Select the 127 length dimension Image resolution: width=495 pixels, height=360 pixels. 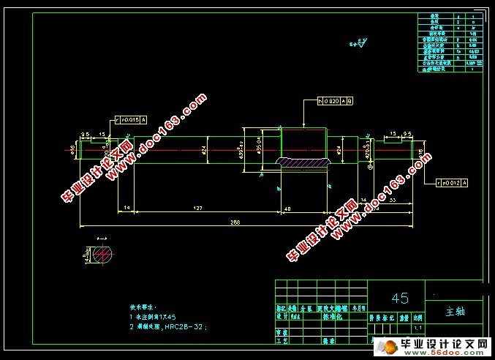coord(198,209)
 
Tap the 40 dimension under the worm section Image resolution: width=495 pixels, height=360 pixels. coord(306,209)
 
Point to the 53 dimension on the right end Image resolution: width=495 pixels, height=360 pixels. coord(393,199)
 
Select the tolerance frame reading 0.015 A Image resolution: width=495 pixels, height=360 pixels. coord(130,118)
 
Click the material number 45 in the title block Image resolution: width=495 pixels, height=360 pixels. coord(400,298)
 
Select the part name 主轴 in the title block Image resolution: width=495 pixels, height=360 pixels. coord(455,311)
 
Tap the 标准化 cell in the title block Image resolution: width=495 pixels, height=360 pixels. coord(333,318)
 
